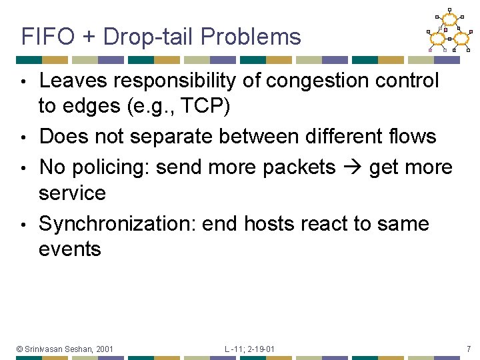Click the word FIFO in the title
47,37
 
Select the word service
72,193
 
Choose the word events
70,249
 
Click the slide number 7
468,349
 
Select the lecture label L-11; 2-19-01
249,349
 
